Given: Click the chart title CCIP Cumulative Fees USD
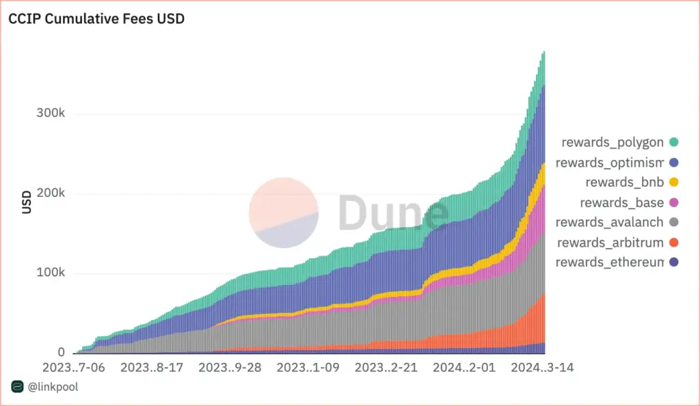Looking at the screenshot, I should (x=96, y=19).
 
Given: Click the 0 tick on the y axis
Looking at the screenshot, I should (x=61, y=353).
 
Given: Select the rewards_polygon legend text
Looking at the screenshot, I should (x=612, y=142).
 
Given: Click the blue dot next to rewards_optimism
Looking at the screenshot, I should (x=674, y=163).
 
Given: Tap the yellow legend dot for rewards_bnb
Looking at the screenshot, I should (x=674, y=182).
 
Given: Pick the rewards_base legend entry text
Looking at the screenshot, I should (x=621, y=202).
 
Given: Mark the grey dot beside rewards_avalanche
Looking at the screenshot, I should (x=674, y=222).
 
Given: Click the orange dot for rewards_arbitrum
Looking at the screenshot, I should (x=674, y=243).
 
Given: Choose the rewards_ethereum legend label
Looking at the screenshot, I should (x=610, y=262).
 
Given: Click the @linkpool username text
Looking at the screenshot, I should (x=51, y=388).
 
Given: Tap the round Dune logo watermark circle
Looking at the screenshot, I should (x=284, y=213).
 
